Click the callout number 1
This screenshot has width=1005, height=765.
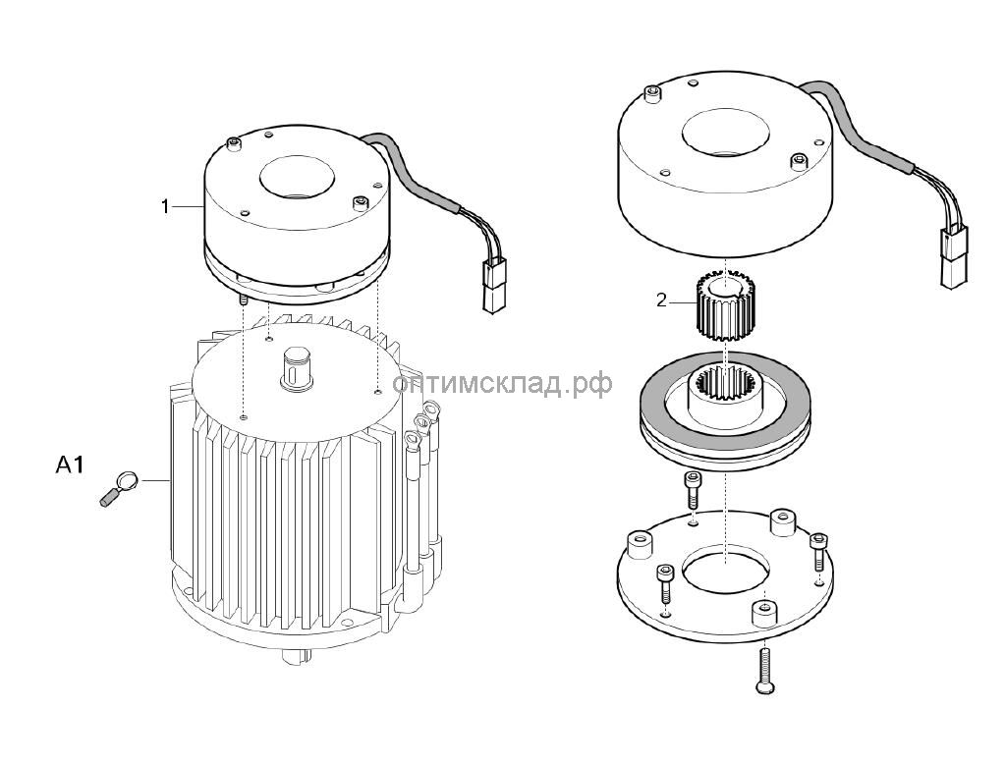(165, 207)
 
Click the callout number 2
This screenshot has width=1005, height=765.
(662, 300)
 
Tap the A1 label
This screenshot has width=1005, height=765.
(70, 464)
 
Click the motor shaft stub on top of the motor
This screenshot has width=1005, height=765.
(296, 368)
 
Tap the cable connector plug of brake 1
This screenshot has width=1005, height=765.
(495, 285)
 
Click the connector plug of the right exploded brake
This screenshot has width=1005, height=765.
(953, 257)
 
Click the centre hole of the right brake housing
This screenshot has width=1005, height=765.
(725, 132)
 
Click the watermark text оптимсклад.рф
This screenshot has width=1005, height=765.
(502, 384)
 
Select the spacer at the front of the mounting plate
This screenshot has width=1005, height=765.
(763, 614)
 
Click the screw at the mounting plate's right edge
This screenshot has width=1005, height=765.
(819, 551)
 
